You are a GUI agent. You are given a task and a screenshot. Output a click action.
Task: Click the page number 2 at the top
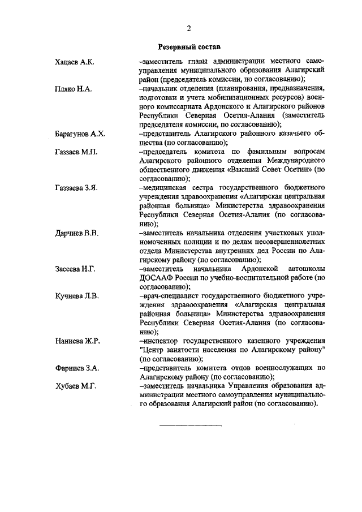click(189, 29)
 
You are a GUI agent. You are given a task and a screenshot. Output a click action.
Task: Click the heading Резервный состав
click(189, 47)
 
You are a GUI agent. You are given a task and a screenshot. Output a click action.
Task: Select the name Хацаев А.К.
click(74, 62)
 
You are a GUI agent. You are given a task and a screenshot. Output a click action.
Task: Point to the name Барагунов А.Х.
click(80, 134)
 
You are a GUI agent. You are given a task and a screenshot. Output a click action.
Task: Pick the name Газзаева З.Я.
click(76, 188)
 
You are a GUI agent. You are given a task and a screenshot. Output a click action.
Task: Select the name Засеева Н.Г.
click(75, 269)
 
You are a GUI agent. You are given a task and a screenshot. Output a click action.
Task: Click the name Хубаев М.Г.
click(76, 386)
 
